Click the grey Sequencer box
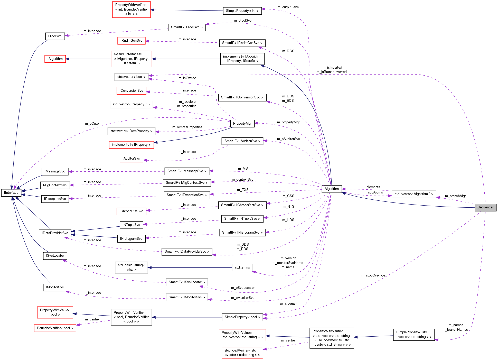tap(485, 207)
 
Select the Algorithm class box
tap(331, 189)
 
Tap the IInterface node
tap(11, 193)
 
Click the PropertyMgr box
tap(242, 124)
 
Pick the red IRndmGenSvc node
tap(131, 41)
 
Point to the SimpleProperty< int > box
tap(242, 11)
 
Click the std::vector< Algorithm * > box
tap(414, 194)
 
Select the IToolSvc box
tap(55, 36)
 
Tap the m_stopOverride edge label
tap(373, 275)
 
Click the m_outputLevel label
tap(288, 7)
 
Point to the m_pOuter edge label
tap(92, 124)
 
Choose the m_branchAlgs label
tap(455, 196)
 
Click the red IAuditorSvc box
tap(131, 159)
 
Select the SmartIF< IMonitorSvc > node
tap(186, 297)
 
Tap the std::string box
tap(242, 267)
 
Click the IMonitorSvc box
tap(55, 287)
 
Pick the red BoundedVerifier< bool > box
tap(55, 328)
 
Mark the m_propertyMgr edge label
tap(288, 122)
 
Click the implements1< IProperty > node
tap(131, 145)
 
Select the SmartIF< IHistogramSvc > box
tap(242, 233)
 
